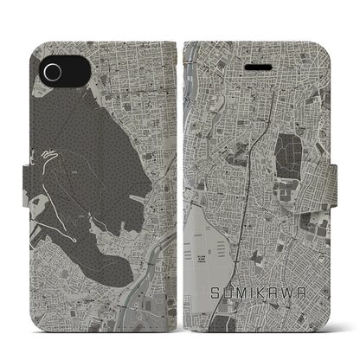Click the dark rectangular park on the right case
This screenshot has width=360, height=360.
(287, 155)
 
